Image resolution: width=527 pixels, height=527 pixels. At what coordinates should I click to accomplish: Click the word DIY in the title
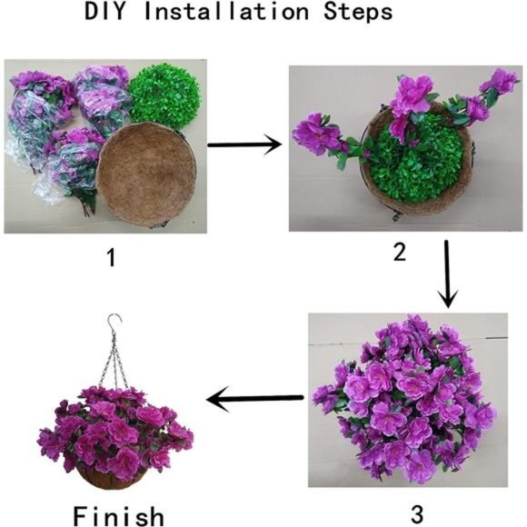[x=104, y=12]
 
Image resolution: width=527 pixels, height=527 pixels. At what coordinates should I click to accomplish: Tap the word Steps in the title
[x=358, y=12]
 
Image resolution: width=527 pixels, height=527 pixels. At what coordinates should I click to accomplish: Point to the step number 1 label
[x=111, y=258]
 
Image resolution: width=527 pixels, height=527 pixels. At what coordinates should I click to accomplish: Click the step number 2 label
[x=399, y=252]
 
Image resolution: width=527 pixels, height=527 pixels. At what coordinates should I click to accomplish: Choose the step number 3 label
[x=417, y=514]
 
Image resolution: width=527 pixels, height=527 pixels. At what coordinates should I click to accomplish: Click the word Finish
[x=119, y=515]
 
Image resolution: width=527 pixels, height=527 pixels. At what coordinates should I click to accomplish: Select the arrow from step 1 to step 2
[x=244, y=144]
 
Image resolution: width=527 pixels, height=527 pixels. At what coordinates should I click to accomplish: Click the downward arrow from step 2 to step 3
[x=447, y=273]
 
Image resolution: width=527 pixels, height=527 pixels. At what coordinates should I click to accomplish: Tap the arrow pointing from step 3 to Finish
[x=254, y=399]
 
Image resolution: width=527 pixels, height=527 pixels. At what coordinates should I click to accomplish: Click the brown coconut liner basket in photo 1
[x=146, y=174]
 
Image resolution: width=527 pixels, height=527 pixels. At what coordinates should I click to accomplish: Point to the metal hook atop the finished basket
[x=114, y=323]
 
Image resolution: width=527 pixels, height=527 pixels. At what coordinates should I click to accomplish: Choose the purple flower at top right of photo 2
[x=501, y=83]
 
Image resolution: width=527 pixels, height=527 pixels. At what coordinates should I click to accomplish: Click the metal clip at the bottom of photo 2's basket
[x=396, y=215]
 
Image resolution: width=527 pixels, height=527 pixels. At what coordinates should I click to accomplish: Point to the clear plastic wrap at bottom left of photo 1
[x=47, y=191]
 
